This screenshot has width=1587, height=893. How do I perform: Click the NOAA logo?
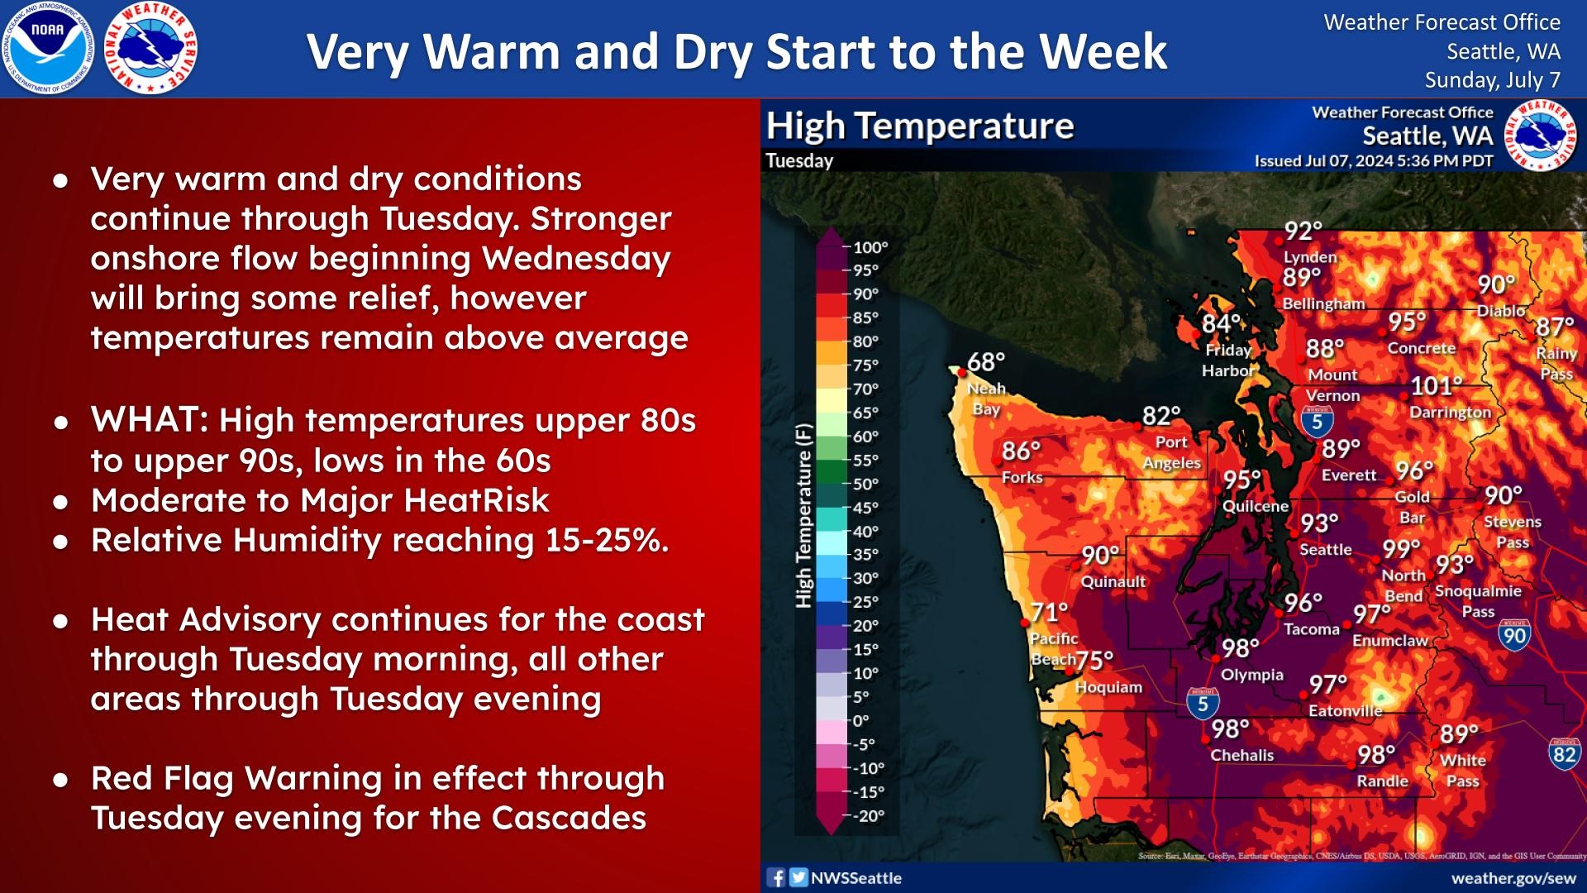47,48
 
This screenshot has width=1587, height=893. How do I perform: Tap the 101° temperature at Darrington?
1436,386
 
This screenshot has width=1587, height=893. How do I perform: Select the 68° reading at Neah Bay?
985,362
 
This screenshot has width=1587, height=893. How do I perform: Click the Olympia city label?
1251,675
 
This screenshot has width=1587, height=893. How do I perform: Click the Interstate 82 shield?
1563,754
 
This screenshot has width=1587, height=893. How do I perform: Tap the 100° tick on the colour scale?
870,247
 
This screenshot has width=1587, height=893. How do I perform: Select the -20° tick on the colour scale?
868,815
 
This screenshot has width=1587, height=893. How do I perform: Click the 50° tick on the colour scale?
865,484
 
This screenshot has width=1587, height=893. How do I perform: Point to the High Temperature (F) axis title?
803,517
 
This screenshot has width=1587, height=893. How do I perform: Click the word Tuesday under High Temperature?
798,160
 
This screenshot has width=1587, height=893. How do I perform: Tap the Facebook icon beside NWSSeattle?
776,877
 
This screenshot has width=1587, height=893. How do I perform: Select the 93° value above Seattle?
1318,523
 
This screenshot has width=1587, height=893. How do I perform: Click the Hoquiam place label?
1108,687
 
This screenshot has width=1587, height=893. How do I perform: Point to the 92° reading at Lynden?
1303,231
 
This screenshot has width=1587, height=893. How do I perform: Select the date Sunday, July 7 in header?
1492,80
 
